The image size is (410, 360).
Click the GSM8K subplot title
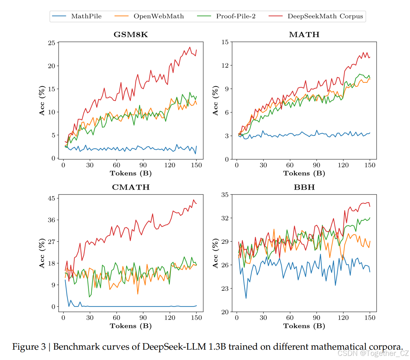coord(131,35)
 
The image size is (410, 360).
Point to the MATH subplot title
coord(304,35)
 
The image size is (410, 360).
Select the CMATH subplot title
coord(131,187)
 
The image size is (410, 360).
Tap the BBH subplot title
coord(304,187)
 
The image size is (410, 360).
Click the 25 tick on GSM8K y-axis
coord(51,43)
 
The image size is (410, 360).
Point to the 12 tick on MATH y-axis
coord(225,66)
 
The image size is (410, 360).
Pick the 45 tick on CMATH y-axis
coord(51,199)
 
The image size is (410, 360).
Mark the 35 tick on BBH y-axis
coord(225,195)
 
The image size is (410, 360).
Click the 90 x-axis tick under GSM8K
coord(143,165)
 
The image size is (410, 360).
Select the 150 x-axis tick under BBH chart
coord(370,318)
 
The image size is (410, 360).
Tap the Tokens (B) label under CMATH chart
coord(131,326)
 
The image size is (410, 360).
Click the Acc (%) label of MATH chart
coord(216,101)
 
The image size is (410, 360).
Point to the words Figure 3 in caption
coord(29,347)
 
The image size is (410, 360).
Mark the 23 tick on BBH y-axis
coord(225,289)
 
